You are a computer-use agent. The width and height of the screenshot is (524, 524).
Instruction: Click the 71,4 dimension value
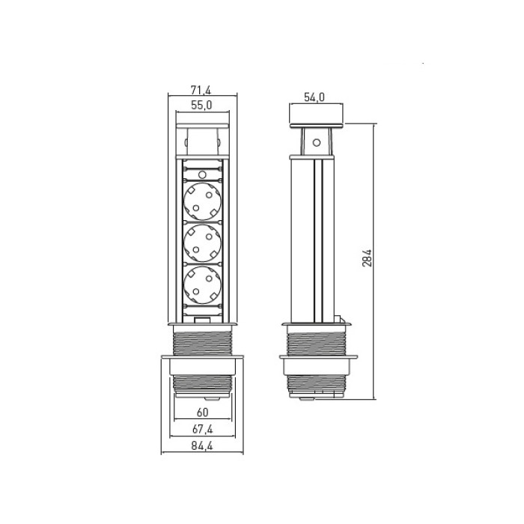[201, 90]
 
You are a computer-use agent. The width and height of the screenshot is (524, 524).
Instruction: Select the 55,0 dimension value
[201, 106]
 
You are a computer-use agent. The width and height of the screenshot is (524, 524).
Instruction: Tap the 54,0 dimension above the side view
[314, 97]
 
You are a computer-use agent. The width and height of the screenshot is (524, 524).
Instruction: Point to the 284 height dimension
[367, 258]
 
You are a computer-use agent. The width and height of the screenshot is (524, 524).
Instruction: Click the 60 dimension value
[203, 412]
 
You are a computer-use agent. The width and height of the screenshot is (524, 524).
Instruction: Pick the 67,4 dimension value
[203, 429]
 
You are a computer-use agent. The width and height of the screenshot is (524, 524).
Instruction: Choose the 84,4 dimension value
[202, 446]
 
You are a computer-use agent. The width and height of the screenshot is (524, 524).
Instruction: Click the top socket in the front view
[203, 201]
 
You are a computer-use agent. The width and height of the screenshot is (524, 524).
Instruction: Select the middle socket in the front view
[203, 243]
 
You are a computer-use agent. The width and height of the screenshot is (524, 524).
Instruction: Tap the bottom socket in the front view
[203, 284]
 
